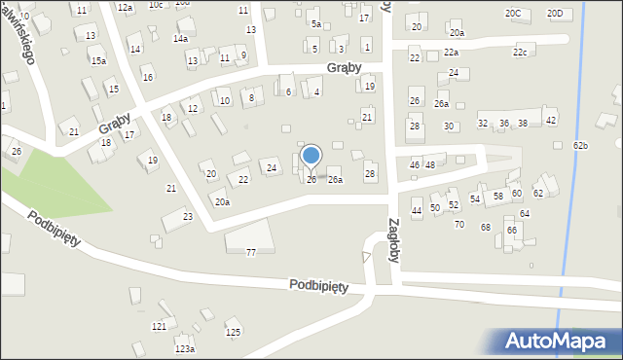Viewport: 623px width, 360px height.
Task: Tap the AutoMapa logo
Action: pos(555,341)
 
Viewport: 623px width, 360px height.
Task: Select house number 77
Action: pos(250,253)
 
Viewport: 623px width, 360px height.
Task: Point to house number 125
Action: pos(233,333)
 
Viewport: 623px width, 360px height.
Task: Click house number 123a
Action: pos(185,348)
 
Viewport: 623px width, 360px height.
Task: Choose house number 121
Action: pos(159,326)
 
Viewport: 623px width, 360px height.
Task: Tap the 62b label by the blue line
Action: pos(581,145)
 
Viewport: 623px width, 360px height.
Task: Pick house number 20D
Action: pos(555,13)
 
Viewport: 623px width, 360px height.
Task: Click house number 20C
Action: pos(513,13)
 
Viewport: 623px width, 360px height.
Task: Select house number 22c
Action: pos(520,52)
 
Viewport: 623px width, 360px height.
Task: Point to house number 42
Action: pos(551,120)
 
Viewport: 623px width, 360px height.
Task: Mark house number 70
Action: pos(459,225)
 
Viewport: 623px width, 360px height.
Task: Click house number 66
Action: pos(511,230)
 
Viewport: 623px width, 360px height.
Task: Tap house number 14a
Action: pos(180,38)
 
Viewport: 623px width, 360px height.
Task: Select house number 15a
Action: pos(98,60)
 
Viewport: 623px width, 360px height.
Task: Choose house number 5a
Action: pos(315,22)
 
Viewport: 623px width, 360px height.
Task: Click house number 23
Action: pos(188,216)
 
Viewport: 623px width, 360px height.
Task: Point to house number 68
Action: pos(485,227)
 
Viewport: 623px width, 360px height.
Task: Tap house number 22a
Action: pos(450,52)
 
